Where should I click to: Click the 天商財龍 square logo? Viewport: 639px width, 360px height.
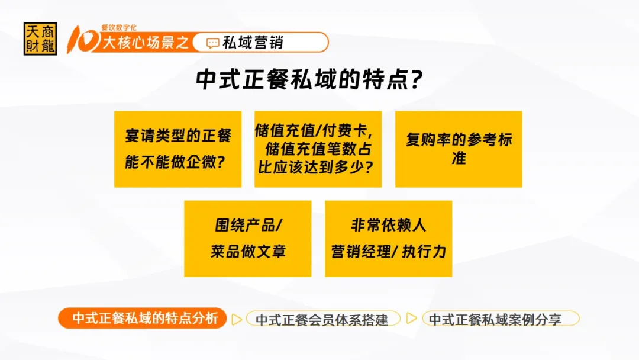pos(40,38)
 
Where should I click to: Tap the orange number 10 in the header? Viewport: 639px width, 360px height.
pos(83,40)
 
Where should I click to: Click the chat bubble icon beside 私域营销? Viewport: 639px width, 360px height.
pos(213,43)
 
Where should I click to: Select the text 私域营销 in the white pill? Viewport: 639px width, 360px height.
pos(253,43)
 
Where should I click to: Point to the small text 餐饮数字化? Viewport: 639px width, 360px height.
pos(119,27)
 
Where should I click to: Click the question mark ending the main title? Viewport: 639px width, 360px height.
pos(417,79)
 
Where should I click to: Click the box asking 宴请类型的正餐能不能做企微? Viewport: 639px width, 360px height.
pos(177,149)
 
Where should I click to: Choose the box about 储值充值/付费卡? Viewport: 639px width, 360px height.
pos(318,149)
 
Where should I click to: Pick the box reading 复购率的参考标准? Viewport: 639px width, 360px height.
pos(459,149)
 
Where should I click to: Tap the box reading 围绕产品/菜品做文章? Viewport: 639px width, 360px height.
pos(248,239)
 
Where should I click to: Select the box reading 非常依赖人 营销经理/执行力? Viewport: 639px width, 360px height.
pos(388,239)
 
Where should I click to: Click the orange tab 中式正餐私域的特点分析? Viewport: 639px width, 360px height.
pos(142,318)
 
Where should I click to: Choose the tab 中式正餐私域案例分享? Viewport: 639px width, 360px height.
pos(501,319)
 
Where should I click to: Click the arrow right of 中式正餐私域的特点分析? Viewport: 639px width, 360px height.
pos(236,319)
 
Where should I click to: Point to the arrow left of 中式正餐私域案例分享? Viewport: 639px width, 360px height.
pos(411,318)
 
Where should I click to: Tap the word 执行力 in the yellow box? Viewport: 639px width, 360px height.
pos(424,252)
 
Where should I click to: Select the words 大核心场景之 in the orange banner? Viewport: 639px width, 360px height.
pos(146,43)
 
